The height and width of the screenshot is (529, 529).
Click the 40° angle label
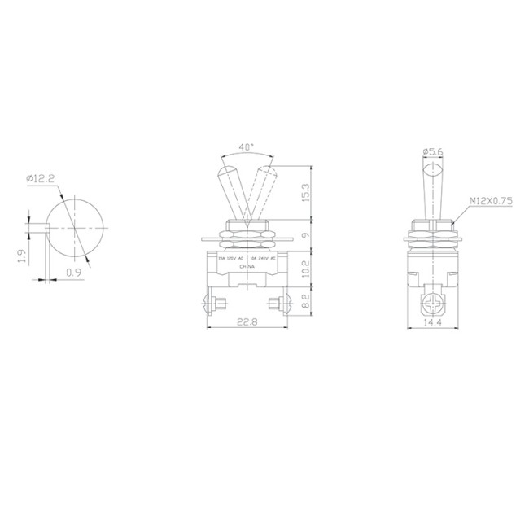click(x=247, y=149)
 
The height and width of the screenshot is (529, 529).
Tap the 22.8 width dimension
click(x=247, y=321)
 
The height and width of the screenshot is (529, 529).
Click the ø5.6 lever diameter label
click(x=435, y=151)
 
